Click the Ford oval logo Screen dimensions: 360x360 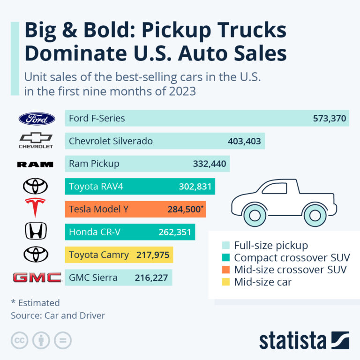(37, 119)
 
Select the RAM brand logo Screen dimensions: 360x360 (35, 164)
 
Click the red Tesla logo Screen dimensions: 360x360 (36, 208)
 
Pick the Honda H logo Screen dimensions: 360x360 (36, 231)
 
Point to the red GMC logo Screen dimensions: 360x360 (37, 277)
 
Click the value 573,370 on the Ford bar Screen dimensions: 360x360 (330, 119)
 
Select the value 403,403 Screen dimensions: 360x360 (244, 141)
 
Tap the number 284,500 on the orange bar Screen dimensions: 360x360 (184, 210)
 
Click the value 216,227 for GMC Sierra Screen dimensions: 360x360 (151, 278)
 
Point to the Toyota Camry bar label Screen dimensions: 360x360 (99, 255)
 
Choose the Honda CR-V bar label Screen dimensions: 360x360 (97, 232)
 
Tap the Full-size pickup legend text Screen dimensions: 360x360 (270, 245)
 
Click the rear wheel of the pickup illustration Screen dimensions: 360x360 (315, 215)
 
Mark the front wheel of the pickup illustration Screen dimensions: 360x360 (255, 215)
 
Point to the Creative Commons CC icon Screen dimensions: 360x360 (19, 340)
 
